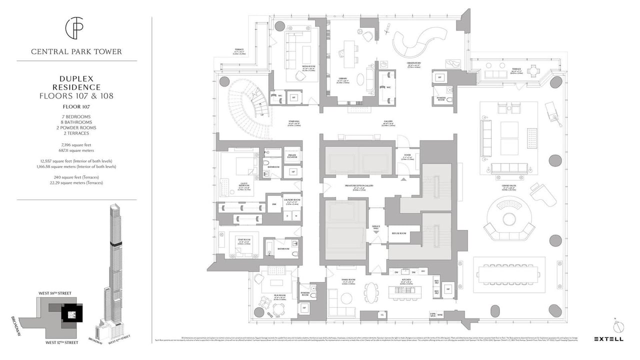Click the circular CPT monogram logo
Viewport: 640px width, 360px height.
pyautogui.click(x=76, y=28)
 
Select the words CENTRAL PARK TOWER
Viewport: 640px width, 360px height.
pyautogui.click(x=76, y=51)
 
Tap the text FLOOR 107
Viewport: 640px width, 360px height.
pyautogui.click(x=76, y=106)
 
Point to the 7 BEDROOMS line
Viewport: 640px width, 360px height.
pyautogui.click(x=76, y=116)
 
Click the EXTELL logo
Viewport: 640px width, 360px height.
pyautogui.click(x=608, y=339)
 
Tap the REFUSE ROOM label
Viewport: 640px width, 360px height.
pyautogui.click(x=398, y=233)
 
